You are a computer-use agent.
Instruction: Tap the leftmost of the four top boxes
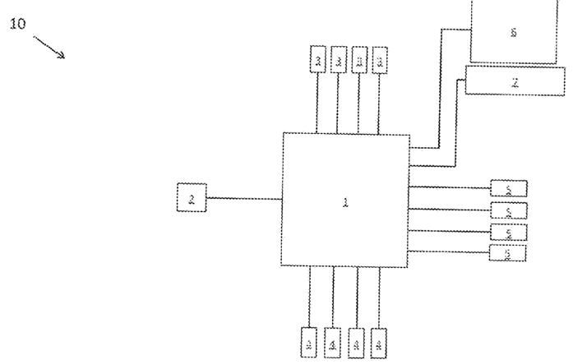pos(318,59)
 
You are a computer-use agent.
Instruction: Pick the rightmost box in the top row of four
pos(379,59)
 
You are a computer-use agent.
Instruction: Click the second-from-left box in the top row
pos(338,59)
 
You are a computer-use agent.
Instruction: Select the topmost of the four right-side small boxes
pos(508,189)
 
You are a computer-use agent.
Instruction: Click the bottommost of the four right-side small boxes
pos(507,253)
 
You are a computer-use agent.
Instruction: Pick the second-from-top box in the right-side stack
pos(508,210)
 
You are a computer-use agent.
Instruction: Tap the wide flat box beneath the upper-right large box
pos(515,81)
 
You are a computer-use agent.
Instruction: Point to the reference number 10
pos(17,23)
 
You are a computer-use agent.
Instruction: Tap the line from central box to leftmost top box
pos(317,103)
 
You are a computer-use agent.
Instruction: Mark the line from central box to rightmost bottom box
pos(379,297)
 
